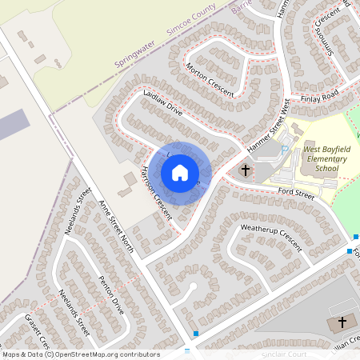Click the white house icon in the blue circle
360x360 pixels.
point(179,173)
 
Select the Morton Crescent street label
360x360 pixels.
point(209,80)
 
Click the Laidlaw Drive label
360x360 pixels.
point(164,103)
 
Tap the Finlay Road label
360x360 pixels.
point(320,96)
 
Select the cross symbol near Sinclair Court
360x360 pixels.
point(342,322)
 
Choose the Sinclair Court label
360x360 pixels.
point(283,353)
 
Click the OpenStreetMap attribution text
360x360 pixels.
point(79,354)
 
